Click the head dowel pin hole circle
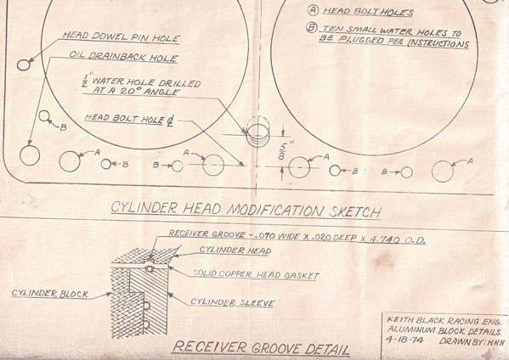click(18, 65)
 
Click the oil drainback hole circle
click(20, 155)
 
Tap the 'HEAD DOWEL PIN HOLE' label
click(121, 37)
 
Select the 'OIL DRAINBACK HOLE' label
click(123, 56)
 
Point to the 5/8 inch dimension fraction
click(283, 151)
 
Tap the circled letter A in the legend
click(313, 9)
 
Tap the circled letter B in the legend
click(311, 27)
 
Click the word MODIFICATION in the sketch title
click(275, 211)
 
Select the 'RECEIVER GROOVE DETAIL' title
click(261, 348)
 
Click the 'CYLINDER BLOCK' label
click(49, 294)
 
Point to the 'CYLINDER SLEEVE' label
click(233, 302)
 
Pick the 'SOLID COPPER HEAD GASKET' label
click(256, 274)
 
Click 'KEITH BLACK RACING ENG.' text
click(444, 321)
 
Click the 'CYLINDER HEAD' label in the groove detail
click(235, 250)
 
